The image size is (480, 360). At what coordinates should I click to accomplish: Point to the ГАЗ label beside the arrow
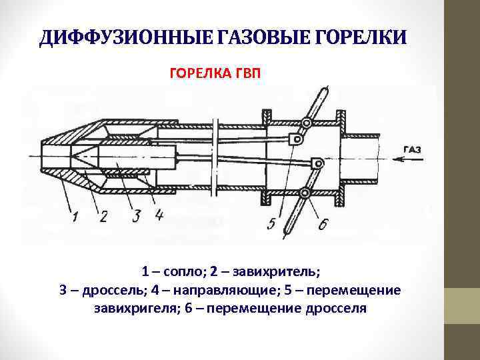pos(412,149)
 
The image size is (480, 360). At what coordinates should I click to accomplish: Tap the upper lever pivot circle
pos(306,123)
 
